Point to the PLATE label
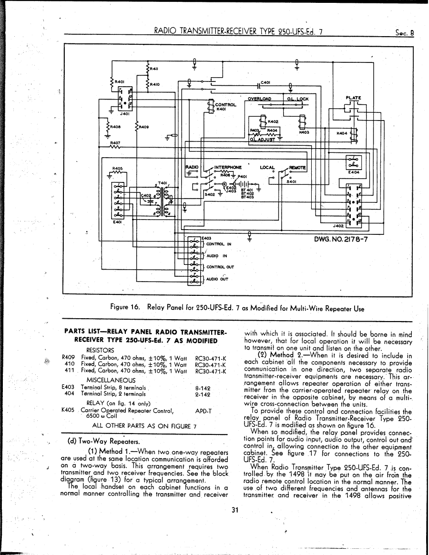click(353, 98)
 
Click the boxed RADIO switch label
click(192, 167)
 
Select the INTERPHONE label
click(228, 167)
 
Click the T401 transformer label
click(163, 183)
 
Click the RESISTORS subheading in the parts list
click(100, 350)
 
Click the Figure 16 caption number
click(126, 308)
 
